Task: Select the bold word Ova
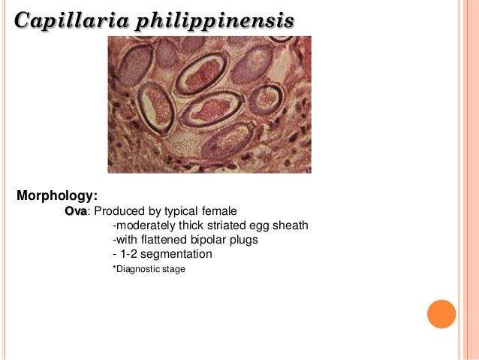click(x=76, y=211)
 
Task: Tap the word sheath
click(x=290, y=225)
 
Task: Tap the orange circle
click(x=441, y=313)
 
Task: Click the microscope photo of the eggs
click(x=209, y=104)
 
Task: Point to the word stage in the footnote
click(x=173, y=268)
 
